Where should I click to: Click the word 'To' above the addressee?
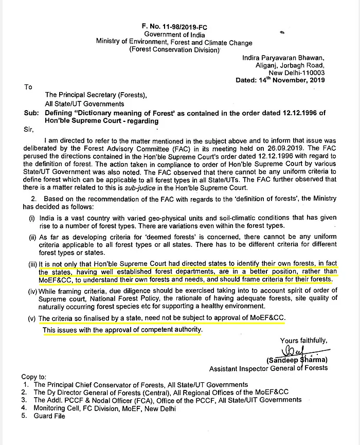pyautogui.click(x=28, y=87)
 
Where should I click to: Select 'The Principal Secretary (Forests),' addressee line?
pyautogui.click(x=96, y=95)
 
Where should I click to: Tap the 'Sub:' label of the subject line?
pyautogui.click(x=31, y=113)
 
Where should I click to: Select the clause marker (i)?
pyautogui.click(x=33, y=218)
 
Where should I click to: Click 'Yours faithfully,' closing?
pyautogui.click(x=303, y=340)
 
